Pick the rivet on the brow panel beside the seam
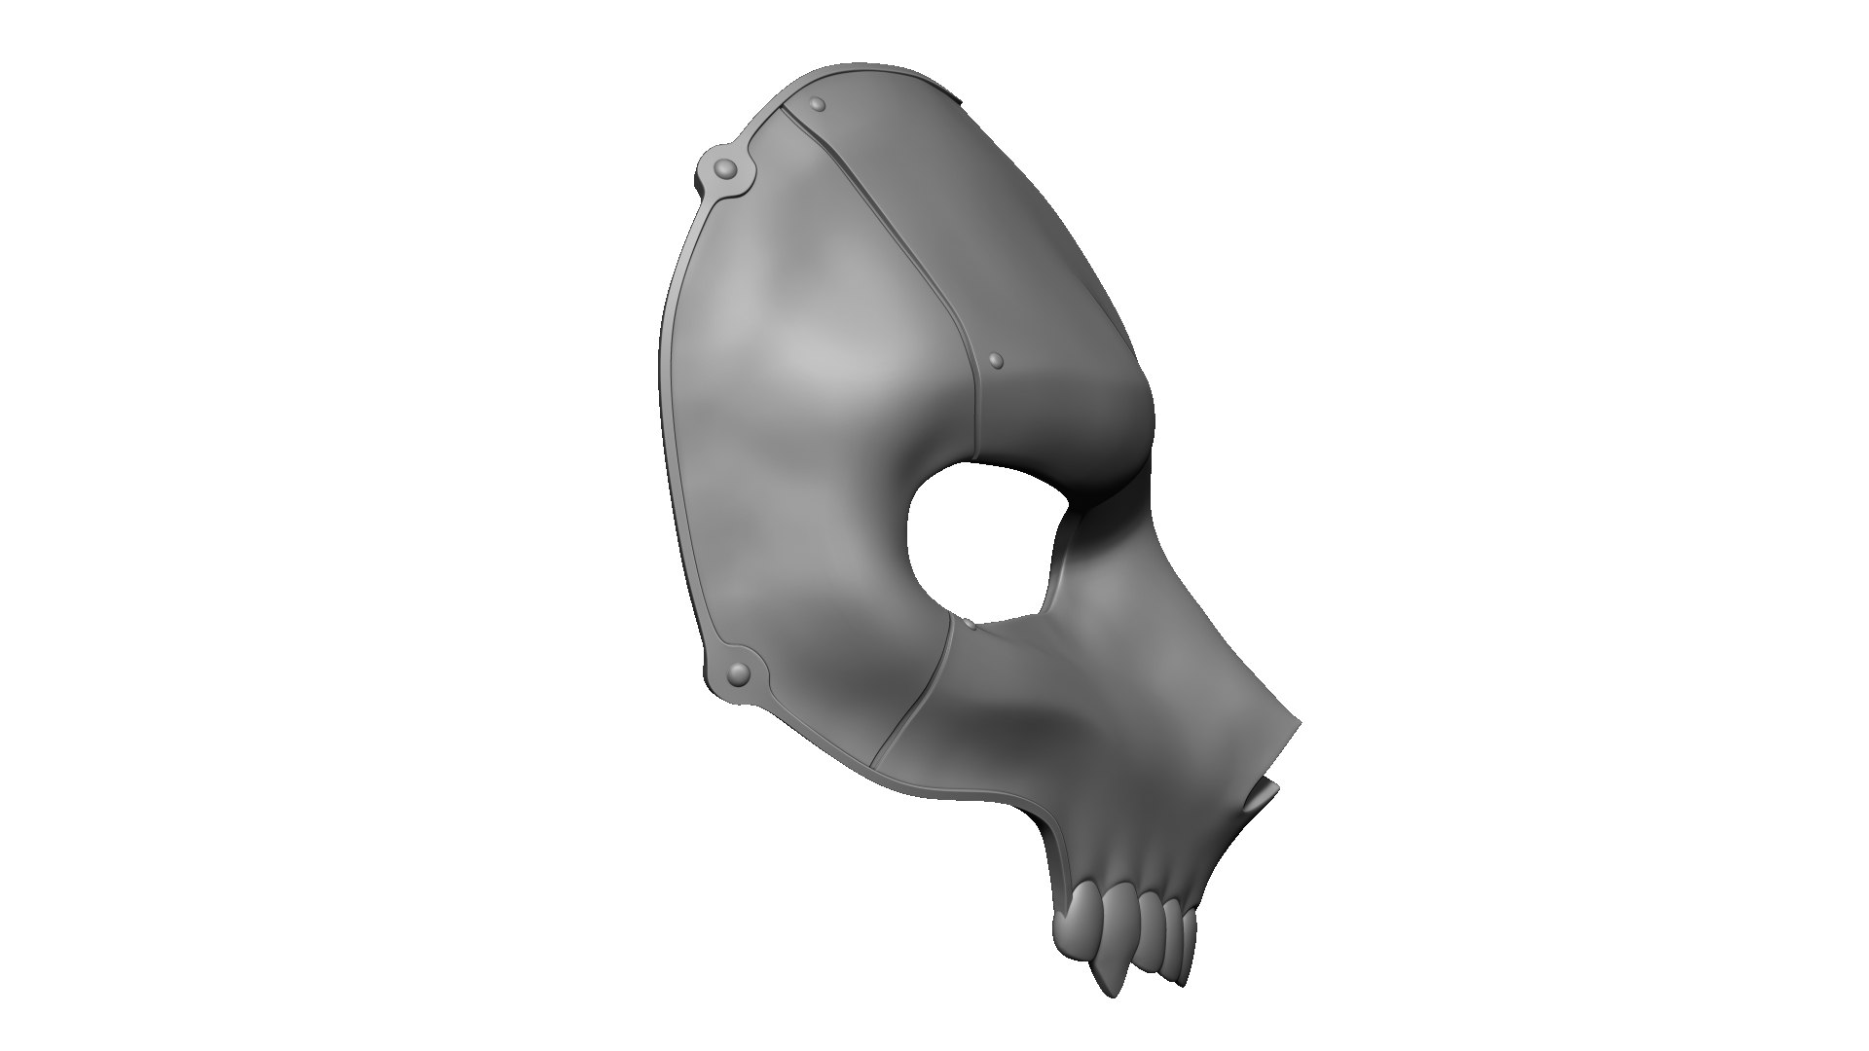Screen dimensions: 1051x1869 pyautogui.click(x=995, y=361)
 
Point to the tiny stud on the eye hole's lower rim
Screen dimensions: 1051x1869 pyautogui.click(x=969, y=620)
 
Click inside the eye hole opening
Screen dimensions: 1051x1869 pyautogui.click(x=978, y=540)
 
